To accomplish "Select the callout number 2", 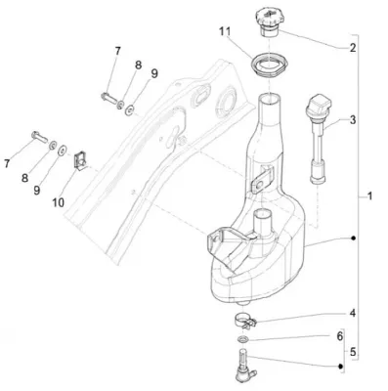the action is point(353,48).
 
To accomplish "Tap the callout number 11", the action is point(225,31).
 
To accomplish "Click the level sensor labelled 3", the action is point(318,139).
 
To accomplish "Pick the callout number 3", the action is point(353,120).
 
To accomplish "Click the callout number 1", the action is point(369,196).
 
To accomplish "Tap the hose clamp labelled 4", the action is point(245,320).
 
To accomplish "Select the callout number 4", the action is point(353,313).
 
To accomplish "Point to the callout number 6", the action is point(340,336).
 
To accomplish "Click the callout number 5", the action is point(353,352).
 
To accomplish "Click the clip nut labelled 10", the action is point(80,160).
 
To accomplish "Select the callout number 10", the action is point(58,203).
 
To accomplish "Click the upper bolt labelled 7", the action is point(108,98).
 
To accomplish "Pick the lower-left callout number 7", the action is point(7,164).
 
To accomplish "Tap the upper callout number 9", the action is point(154,73).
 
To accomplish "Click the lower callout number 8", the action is point(25,178).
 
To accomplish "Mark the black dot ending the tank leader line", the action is point(353,239).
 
